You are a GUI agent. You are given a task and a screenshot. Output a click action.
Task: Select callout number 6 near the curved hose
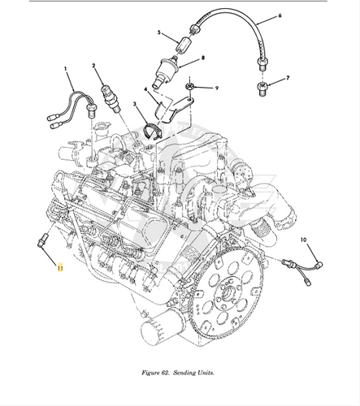click(x=279, y=15)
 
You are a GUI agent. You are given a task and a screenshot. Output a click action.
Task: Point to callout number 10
click(x=303, y=241)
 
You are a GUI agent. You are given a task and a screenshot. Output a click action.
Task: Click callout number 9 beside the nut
click(x=217, y=87)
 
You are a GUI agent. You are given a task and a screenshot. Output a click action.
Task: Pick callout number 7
click(x=287, y=80)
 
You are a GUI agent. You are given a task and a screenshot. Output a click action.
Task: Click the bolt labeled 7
click(x=262, y=87)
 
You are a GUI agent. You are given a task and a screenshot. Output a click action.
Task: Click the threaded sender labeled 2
click(x=107, y=97)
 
